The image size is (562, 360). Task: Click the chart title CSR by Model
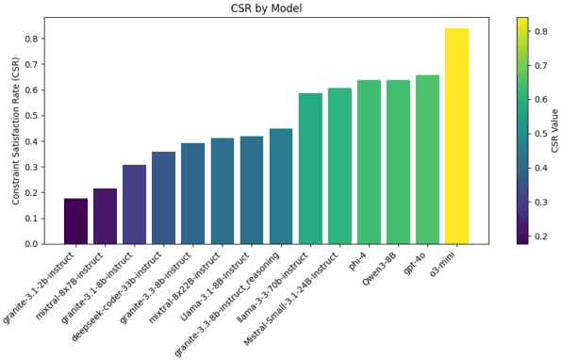pyautogui.click(x=281, y=8)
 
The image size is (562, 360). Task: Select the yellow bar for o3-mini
pyautogui.click(x=456, y=136)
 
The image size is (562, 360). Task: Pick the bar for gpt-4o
pyautogui.click(x=427, y=159)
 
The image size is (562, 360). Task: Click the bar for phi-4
pyautogui.click(x=369, y=162)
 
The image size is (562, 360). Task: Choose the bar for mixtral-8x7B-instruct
pyautogui.click(x=105, y=216)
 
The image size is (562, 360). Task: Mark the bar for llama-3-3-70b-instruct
pyautogui.click(x=310, y=169)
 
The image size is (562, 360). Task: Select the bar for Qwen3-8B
pyautogui.click(x=398, y=162)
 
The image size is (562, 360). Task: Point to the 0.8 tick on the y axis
pyautogui.click(x=44, y=40)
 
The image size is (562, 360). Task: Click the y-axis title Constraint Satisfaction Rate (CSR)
pyautogui.click(x=16, y=131)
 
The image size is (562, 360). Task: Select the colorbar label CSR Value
pyautogui.click(x=554, y=131)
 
